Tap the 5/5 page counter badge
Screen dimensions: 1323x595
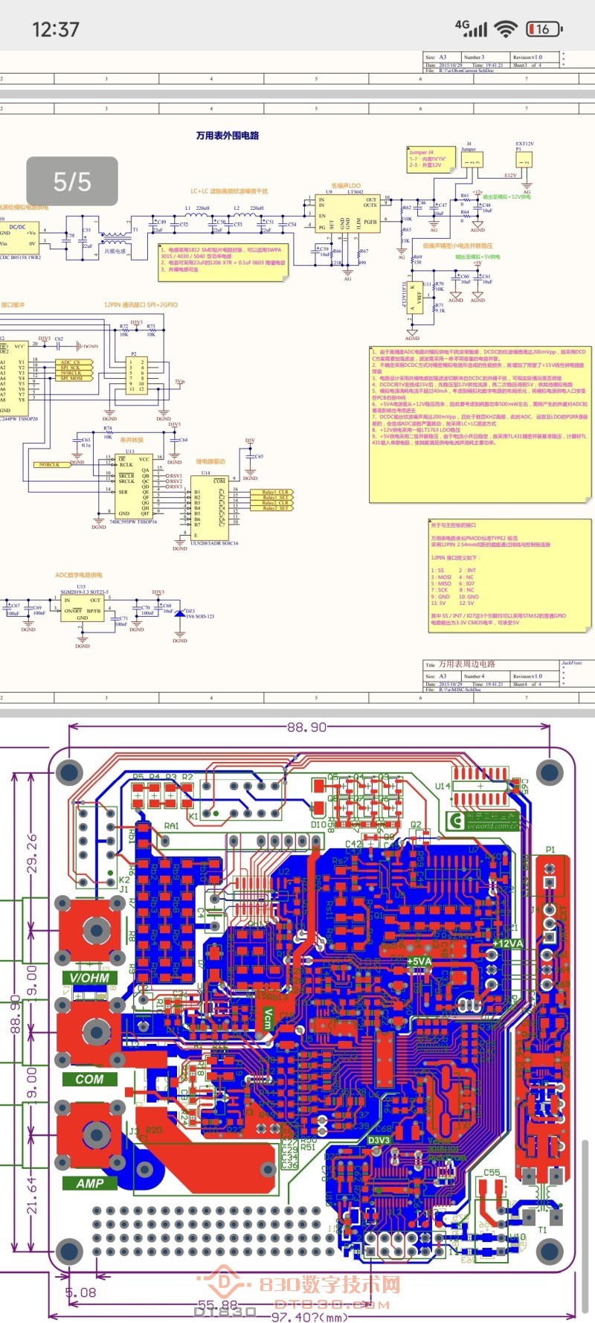72,182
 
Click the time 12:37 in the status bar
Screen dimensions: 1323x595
56,30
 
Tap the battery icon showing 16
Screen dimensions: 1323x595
544,29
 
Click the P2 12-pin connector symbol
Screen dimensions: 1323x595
137,375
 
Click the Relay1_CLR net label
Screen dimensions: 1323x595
276,492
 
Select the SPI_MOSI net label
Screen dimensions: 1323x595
72,378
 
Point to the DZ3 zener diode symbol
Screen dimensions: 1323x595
180,613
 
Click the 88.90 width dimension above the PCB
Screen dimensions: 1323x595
306,727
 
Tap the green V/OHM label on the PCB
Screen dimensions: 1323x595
89,978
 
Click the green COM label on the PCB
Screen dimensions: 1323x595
89,1079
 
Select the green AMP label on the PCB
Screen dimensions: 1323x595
90,1183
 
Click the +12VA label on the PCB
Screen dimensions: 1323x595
508,944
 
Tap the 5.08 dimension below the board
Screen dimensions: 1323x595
80,1292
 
